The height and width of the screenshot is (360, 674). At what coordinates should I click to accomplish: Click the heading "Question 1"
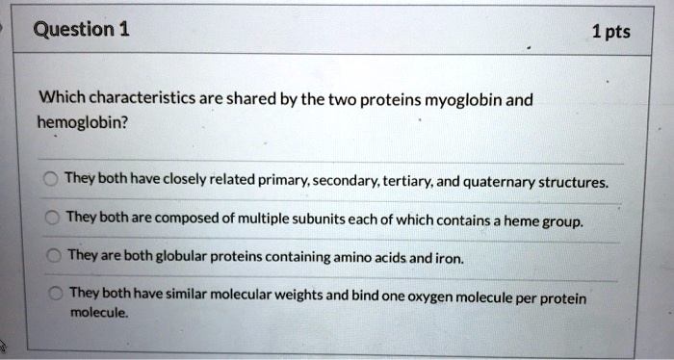pyautogui.click(x=81, y=28)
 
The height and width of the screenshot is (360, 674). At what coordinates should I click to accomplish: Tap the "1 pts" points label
pyautogui.click(x=609, y=32)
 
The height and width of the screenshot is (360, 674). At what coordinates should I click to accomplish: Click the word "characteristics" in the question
pyautogui.click(x=141, y=98)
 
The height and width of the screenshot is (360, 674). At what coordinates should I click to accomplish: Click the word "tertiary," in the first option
pyautogui.click(x=408, y=180)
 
